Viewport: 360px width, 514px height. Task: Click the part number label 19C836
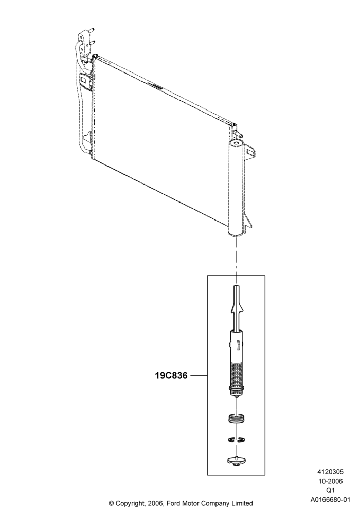[x=171, y=375]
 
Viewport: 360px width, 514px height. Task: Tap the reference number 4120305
[x=330, y=472]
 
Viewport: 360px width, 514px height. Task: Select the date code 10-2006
[x=330, y=481]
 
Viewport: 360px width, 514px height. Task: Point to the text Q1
[x=330, y=490]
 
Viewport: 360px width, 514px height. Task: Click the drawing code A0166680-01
[x=330, y=500]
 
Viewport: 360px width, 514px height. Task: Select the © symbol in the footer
[x=111, y=503]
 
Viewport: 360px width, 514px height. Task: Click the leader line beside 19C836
[x=199, y=375]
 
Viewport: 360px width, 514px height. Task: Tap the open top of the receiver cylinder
[x=236, y=143]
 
